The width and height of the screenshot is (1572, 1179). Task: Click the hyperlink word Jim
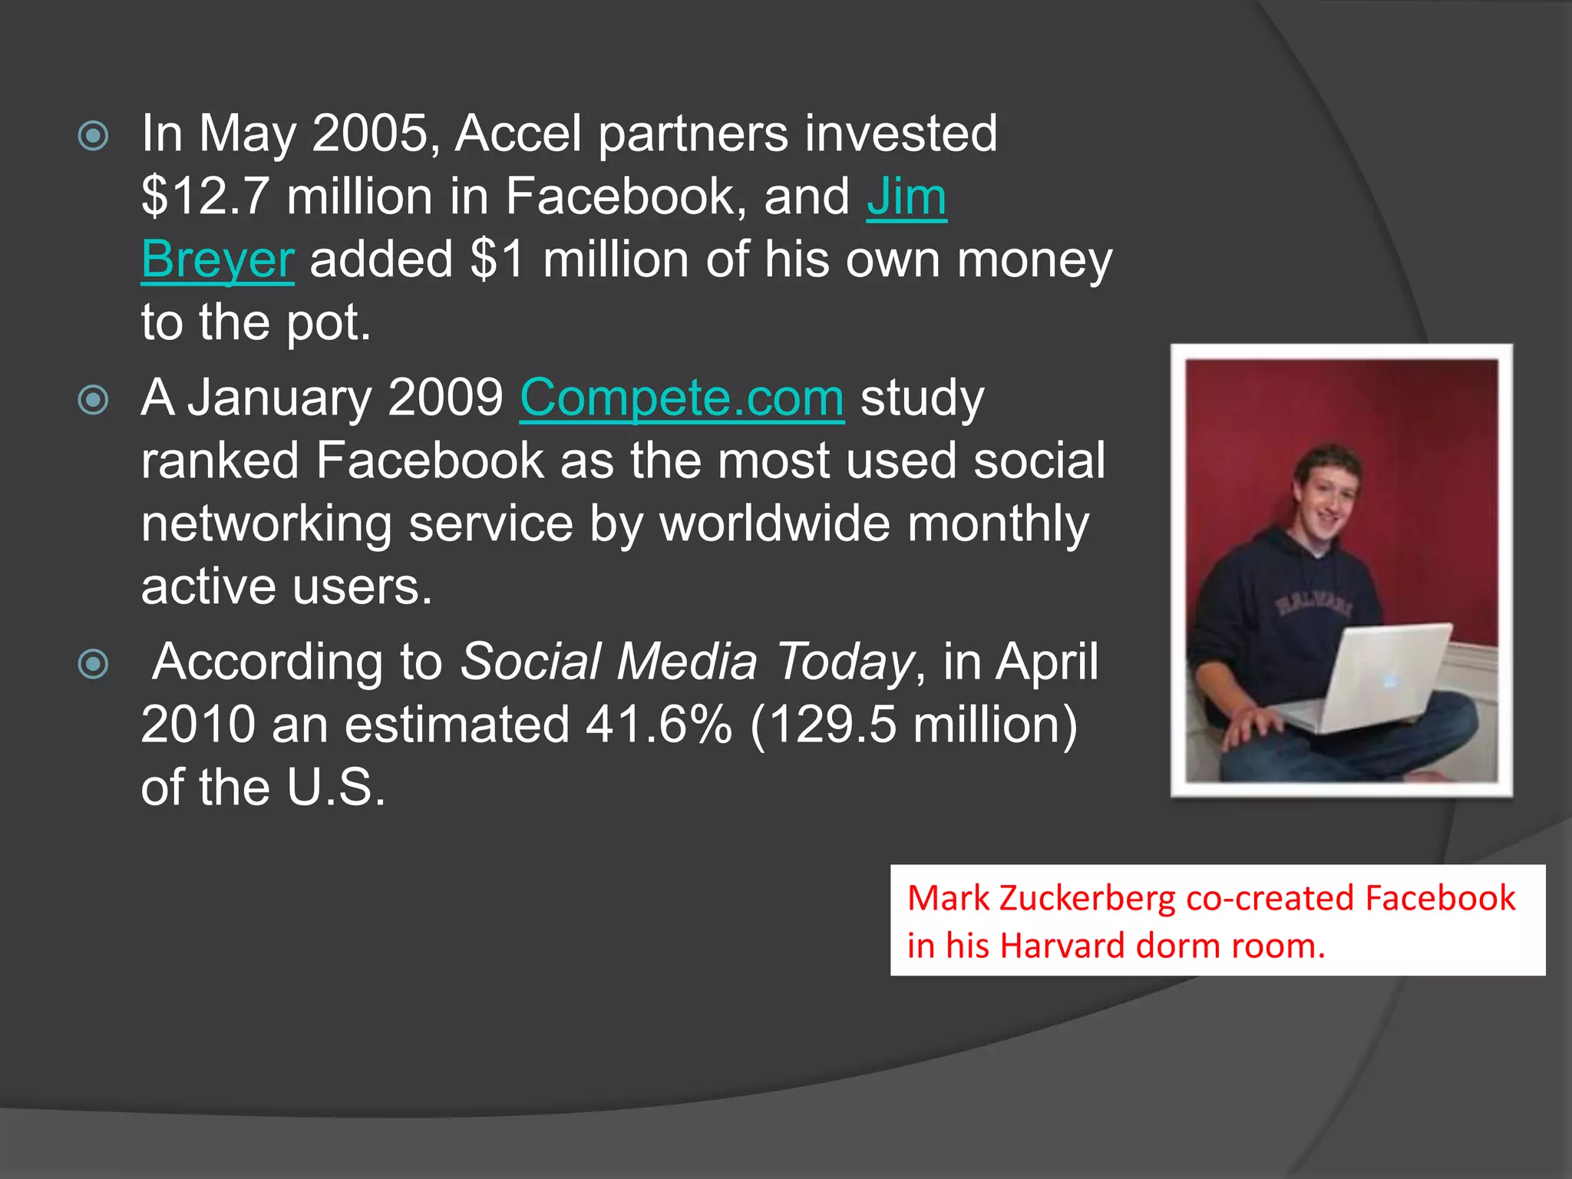(907, 196)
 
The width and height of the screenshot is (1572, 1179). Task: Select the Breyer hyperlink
(217, 259)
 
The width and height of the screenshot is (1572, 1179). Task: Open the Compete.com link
(682, 398)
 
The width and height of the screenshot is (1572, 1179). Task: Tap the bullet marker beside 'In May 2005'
(94, 137)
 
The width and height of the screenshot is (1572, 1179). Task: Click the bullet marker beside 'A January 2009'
(94, 400)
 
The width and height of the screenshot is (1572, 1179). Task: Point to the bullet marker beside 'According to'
(94, 664)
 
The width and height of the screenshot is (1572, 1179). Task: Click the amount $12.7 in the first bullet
(205, 196)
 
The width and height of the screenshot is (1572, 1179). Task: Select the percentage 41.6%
(659, 725)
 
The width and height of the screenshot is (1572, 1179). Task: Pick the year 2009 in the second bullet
(445, 398)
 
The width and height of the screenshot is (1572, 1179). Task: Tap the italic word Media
(687, 662)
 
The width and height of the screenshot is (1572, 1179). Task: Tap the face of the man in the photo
(1325, 503)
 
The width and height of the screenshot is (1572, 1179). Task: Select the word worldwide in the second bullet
(775, 523)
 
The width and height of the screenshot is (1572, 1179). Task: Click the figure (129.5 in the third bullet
(824, 725)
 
